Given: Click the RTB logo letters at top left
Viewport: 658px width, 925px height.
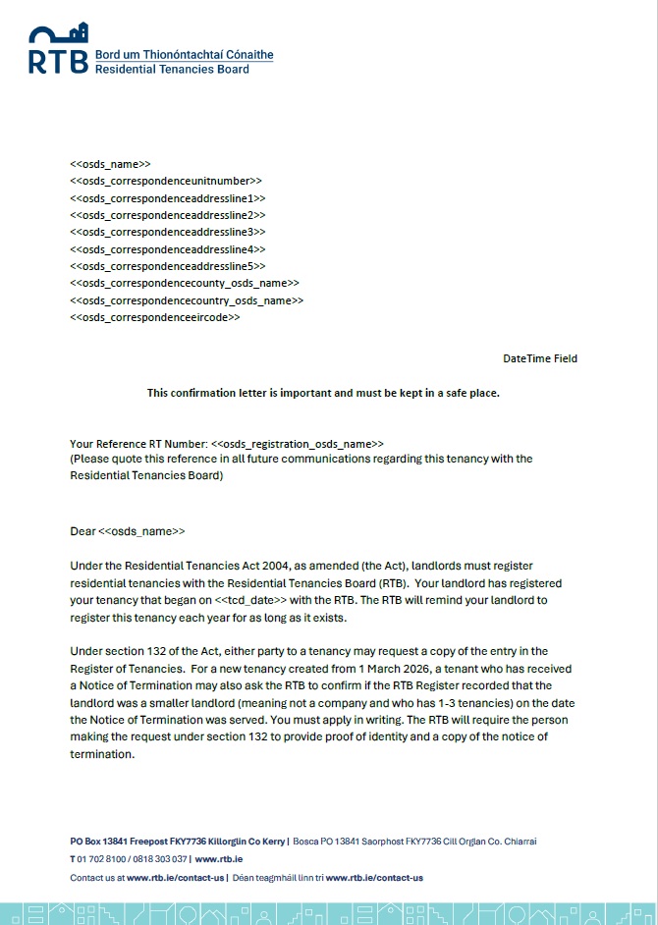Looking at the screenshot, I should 58,61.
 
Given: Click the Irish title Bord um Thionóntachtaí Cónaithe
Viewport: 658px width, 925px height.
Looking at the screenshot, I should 184,55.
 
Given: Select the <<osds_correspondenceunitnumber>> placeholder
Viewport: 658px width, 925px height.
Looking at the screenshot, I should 166,181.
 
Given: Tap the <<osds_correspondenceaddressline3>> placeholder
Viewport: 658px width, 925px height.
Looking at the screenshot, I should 168,232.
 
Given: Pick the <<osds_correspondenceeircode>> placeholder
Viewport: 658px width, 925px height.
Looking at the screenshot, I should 155,318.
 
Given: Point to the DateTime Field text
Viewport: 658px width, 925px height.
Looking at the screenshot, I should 540,358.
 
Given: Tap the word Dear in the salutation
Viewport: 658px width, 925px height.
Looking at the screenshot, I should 83,531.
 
